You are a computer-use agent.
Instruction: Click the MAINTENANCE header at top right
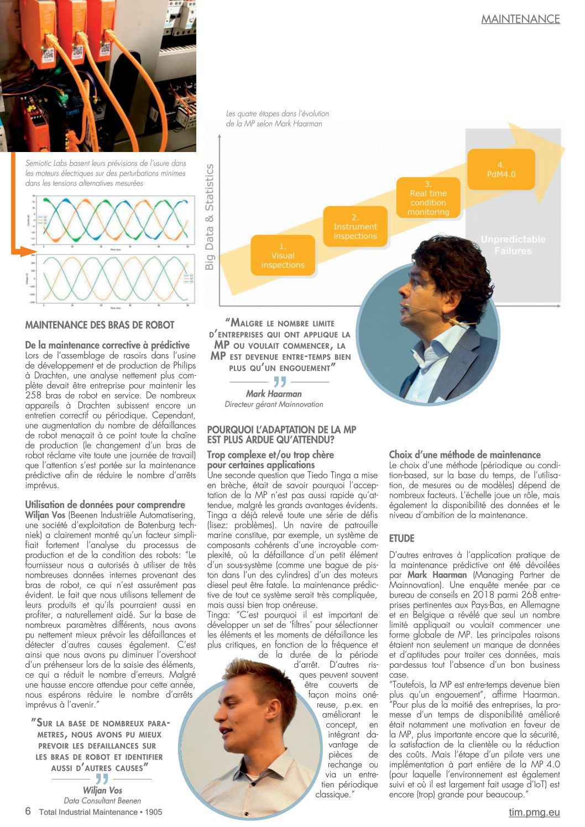[520, 19]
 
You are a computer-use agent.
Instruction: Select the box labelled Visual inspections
[283, 255]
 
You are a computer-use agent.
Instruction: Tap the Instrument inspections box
[355, 227]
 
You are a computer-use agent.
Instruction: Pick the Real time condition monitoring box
[428, 198]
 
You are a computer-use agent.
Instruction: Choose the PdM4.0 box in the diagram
[501, 170]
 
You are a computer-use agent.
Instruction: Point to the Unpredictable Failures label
[513, 245]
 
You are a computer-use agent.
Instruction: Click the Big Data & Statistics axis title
[210, 217]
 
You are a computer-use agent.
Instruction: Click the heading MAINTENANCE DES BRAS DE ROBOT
[100, 325]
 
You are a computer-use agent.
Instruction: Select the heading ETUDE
[401, 538]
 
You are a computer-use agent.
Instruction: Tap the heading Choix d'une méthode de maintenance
[464, 455]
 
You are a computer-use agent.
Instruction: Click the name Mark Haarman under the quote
[274, 394]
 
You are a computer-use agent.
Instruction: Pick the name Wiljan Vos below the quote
[102, 791]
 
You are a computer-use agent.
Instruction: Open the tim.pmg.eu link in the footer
[534, 812]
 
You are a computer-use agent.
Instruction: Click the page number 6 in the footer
[28, 812]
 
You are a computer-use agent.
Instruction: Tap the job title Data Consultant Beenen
[102, 800]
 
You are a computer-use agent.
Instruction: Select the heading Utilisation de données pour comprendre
[105, 504]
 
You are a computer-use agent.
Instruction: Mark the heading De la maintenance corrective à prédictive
[107, 345]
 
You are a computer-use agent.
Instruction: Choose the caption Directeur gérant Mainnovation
[274, 404]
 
